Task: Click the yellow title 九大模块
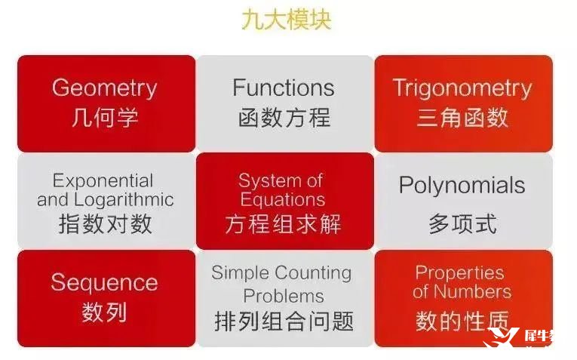287,20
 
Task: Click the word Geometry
105,88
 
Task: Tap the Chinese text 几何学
105,118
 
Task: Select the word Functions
284,88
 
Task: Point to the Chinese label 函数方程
284,118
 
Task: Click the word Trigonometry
462,88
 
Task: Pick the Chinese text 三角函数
462,118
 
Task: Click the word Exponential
103,181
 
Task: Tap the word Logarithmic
124,200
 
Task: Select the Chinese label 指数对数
106,223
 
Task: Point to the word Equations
283,199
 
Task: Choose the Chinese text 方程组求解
284,223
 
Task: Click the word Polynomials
462,185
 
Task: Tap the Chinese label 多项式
462,223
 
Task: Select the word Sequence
105,283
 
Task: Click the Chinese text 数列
105,312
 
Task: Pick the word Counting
313,273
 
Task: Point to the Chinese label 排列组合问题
284,321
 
